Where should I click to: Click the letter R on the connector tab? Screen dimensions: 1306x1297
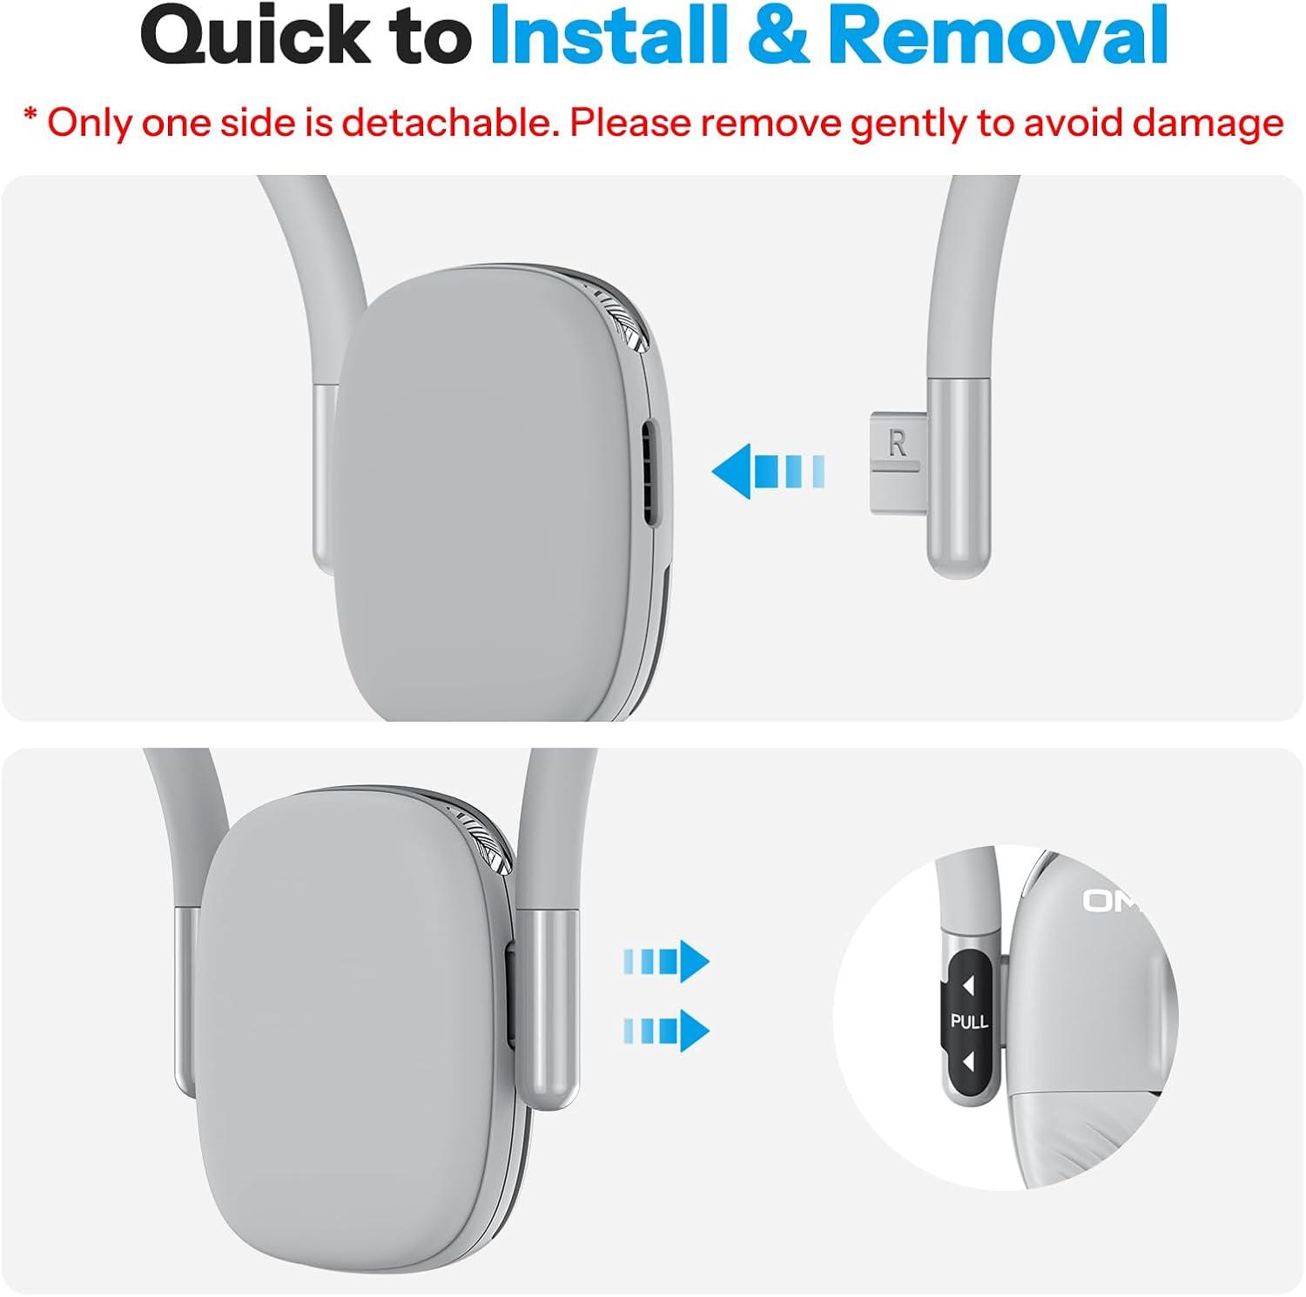(898, 443)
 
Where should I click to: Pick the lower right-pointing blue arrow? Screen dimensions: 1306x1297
(667, 1031)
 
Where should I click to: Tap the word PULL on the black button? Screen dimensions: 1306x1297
(969, 1021)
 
